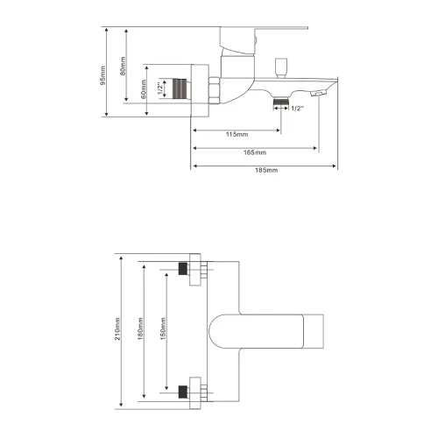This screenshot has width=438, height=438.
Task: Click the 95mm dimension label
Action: coord(103,75)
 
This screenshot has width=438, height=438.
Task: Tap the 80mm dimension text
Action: coord(124,66)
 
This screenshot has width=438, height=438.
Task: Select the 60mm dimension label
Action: coord(144,89)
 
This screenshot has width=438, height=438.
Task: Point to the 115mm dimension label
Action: coord(237,134)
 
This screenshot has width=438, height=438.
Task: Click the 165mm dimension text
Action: coord(255,152)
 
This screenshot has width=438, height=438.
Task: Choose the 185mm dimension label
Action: coord(266,170)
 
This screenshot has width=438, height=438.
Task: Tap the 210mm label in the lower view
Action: coord(117,328)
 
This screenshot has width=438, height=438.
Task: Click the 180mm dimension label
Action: coord(141,328)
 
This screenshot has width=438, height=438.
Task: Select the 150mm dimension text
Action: coord(163,328)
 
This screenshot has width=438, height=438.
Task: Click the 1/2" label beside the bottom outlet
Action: coord(298,109)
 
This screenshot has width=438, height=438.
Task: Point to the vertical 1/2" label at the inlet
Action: coord(159,88)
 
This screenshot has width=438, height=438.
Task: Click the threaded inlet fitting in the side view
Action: coord(180,88)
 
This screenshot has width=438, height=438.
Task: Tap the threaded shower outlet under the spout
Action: coord(281,102)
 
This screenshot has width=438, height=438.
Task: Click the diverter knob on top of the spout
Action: coord(281,67)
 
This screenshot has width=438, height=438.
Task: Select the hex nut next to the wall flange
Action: coord(215,90)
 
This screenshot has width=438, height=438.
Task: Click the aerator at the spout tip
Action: coord(318,94)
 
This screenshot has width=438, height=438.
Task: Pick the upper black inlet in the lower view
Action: coord(183,269)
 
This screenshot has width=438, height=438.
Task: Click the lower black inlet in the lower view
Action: coord(183,392)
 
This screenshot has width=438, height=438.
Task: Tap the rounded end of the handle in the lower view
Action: coord(215,331)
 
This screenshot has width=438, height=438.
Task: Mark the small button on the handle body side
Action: coord(255,41)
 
